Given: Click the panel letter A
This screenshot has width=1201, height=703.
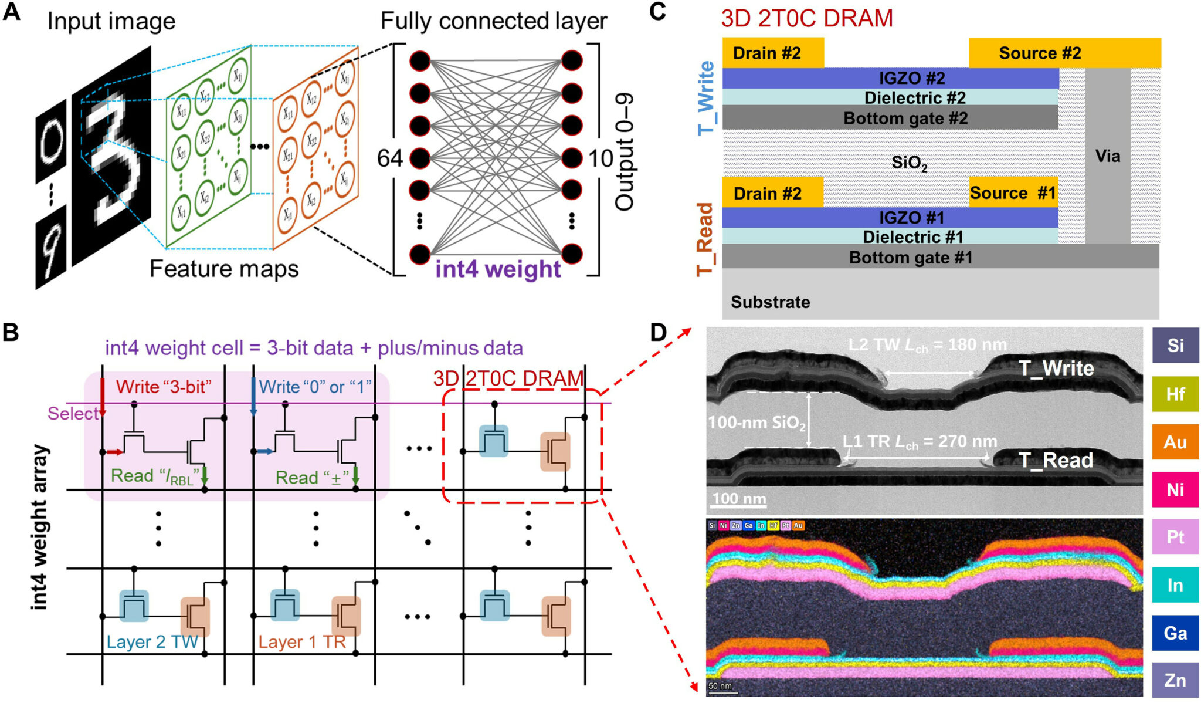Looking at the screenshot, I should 11,12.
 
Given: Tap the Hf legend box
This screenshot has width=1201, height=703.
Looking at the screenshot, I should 1175,394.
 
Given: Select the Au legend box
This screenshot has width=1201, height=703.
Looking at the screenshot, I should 1175,442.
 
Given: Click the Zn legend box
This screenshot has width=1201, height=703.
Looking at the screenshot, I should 1175,680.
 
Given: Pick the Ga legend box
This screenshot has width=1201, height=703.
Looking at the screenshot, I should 1175,633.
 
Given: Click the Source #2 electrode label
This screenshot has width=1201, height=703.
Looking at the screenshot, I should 1040,53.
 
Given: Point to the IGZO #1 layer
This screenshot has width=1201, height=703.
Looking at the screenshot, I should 911,218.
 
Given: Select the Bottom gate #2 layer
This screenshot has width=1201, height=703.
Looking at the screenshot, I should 905,118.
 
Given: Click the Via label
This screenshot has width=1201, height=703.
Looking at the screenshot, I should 1107,156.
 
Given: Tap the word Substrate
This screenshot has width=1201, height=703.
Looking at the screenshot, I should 770,302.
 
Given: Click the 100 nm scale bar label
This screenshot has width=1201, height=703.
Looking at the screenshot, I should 739,499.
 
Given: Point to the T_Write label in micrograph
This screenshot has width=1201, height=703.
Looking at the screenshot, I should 1056,369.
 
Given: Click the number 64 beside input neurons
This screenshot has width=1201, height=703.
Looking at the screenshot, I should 389,158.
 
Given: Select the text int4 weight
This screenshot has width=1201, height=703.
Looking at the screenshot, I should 498,269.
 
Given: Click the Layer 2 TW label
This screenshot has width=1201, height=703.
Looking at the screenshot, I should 152,642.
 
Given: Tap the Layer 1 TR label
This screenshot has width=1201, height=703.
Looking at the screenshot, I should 302,642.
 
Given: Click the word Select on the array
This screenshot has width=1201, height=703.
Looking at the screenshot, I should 73,414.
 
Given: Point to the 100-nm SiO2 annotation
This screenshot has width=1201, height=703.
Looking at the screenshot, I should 756,423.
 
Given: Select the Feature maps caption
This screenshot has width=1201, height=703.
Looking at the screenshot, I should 224,269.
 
